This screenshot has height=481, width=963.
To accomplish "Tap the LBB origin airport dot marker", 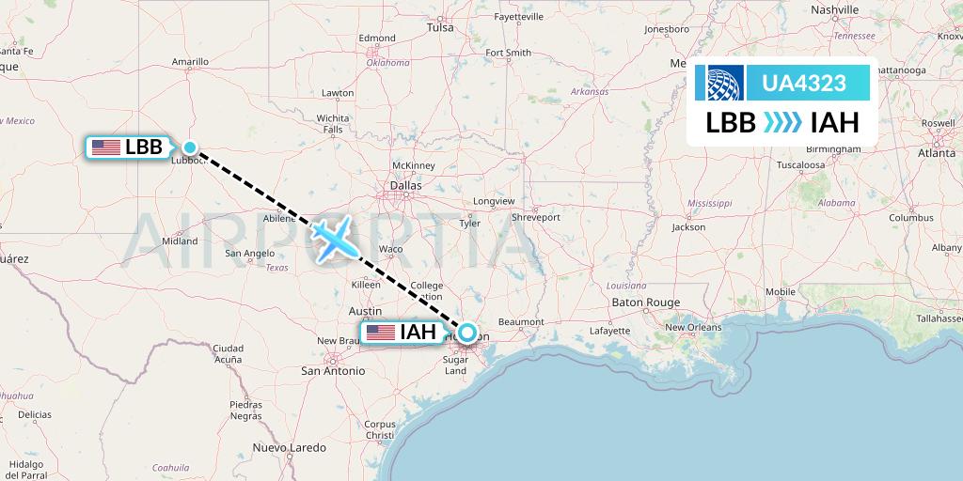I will click(x=190, y=147).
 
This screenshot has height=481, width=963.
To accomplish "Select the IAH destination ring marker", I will click(x=466, y=333).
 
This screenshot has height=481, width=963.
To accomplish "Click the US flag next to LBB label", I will click(x=106, y=147).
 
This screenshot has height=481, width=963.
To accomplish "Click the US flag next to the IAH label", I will click(x=381, y=333).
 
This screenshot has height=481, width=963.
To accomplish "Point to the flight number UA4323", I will click(x=805, y=83).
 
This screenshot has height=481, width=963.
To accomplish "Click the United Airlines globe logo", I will click(x=723, y=83).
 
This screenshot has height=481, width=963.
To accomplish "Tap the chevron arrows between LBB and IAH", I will click(x=782, y=123).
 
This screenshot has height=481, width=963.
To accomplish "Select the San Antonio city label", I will click(x=332, y=371).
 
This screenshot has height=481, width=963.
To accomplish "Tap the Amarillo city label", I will click(x=190, y=62).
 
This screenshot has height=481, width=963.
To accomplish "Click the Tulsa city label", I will click(x=440, y=27).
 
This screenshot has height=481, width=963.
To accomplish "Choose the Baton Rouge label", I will click(x=645, y=303).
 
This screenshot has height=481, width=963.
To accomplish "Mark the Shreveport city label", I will click(x=535, y=217).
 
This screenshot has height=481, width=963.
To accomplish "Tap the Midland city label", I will click(x=180, y=240).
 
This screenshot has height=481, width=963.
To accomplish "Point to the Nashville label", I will click(x=834, y=9).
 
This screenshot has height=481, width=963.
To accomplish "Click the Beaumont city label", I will click(x=521, y=322).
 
